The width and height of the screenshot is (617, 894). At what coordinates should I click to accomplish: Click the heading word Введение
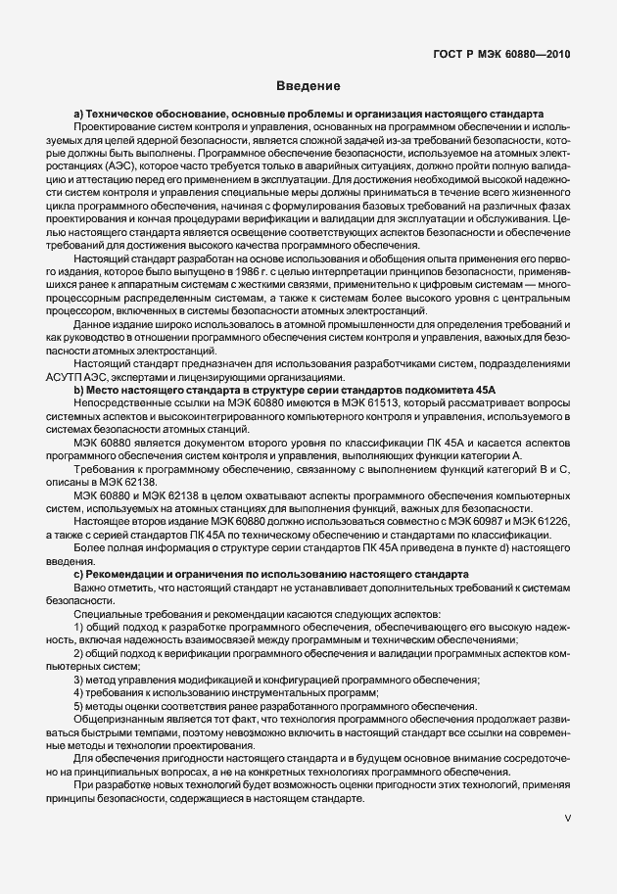click(308, 86)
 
